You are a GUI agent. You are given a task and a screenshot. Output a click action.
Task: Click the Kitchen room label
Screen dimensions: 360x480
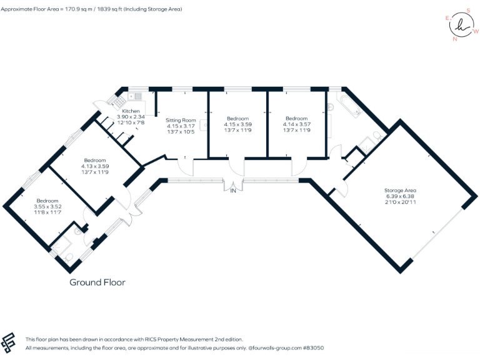tap(131, 111)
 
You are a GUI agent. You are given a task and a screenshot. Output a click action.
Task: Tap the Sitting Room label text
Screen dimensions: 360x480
tap(181, 120)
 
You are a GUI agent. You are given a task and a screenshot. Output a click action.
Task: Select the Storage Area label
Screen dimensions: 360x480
tap(401, 190)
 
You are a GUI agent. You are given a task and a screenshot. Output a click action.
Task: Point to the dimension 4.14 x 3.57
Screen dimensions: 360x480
tap(296, 124)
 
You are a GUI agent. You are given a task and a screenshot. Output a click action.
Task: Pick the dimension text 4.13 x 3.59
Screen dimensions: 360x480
tap(95, 166)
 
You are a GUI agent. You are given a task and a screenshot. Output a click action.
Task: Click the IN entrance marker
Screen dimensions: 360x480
tap(233, 191)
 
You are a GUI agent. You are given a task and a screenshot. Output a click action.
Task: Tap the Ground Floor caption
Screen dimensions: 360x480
tap(97, 282)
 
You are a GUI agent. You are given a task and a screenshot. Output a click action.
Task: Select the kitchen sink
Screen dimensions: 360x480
tap(136, 96)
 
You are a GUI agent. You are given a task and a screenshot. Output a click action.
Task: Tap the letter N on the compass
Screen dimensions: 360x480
tap(454, 39)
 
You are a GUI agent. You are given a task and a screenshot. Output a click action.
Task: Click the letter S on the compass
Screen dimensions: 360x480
tap(469, 11)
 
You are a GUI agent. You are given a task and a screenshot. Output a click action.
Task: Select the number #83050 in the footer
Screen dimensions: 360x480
tap(312, 347)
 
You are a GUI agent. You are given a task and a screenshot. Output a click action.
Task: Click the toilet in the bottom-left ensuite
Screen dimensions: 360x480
tap(69, 256)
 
